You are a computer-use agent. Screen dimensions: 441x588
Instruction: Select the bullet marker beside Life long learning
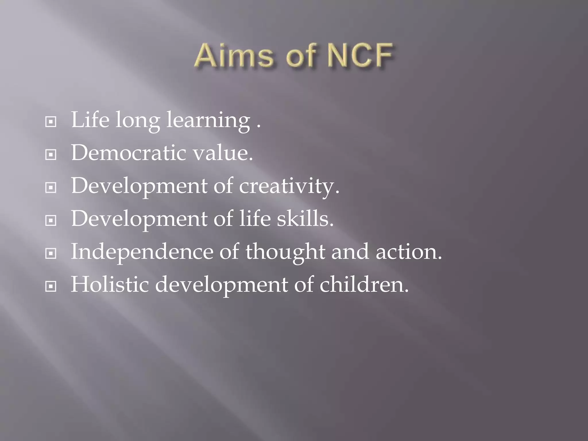pyautogui.click(x=51, y=122)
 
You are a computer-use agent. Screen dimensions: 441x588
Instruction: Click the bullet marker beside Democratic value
pyautogui.click(x=51, y=155)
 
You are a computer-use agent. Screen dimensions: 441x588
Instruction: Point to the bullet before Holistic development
pyautogui.click(x=51, y=286)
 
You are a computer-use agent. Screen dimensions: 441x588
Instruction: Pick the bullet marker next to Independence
pyautogui.click(x=51, y=254)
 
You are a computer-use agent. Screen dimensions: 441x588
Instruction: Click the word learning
pyautogui.click(x=208, y=121)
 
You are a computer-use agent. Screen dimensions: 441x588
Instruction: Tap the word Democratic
pyautogui.click(x=128, y=153)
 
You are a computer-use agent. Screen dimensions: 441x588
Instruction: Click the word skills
pyautogui.click(x=305, y=219)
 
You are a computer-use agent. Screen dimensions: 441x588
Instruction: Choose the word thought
pyautogui.click(x=285, y=252)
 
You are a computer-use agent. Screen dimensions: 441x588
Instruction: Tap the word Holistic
pyautogui.click(x=110, y=285)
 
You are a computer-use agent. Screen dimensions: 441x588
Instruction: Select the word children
pyautogui.click(x=364, y=285)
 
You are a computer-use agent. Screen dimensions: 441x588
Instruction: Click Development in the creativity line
pyautogui.click(x=139, y=186)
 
